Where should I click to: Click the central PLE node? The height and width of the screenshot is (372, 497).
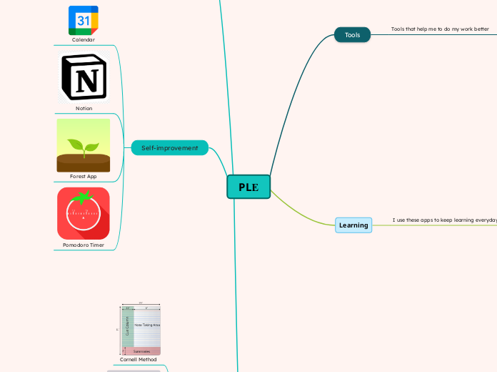(248, 187)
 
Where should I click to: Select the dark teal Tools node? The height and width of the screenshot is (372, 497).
(352, 35)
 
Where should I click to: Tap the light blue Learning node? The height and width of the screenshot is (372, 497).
(353, 225)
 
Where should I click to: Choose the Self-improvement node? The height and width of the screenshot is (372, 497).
(169, 148)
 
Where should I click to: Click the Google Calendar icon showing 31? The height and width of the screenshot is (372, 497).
(84, 20)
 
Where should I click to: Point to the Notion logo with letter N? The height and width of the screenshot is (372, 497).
(84, 77)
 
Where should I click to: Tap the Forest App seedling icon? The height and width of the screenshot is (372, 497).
(84, 145)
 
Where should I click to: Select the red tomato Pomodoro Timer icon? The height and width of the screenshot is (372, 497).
(84, 213)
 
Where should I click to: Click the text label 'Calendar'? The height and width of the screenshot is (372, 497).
(84, 40)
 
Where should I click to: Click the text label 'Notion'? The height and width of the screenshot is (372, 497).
(84, 109)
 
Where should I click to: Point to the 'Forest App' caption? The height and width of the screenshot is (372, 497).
(84, 176)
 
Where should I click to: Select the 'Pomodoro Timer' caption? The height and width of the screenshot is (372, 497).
(84, 245)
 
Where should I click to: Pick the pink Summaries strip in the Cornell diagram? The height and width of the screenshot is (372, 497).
(141, 351)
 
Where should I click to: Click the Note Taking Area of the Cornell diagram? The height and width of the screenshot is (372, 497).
(147, 325)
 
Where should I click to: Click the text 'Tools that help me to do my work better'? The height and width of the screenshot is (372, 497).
(440, 29)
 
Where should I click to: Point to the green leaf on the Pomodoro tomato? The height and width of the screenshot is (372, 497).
(85, 196)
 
